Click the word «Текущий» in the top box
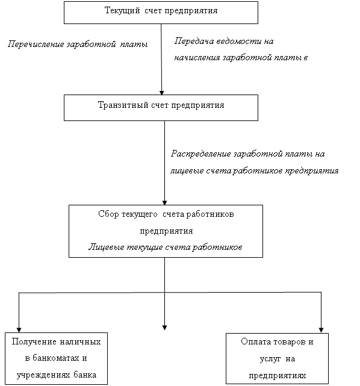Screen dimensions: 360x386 (122, 11)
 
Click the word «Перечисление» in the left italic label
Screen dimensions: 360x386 (36, 45)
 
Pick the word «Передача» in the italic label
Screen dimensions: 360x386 (194, 41)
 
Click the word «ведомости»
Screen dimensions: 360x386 (239, 41)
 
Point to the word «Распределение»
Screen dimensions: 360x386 (201, 154)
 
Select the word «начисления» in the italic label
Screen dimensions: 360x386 (197, 58)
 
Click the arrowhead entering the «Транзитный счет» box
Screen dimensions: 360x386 (162, 93)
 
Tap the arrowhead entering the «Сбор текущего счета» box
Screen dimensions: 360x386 (164, 203)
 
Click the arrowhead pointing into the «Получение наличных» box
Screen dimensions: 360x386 (19, 330)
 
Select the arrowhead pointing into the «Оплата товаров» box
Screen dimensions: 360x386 (321, 330)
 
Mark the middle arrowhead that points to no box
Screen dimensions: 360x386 (164, 328)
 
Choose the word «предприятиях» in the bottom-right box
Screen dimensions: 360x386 (278, 376)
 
